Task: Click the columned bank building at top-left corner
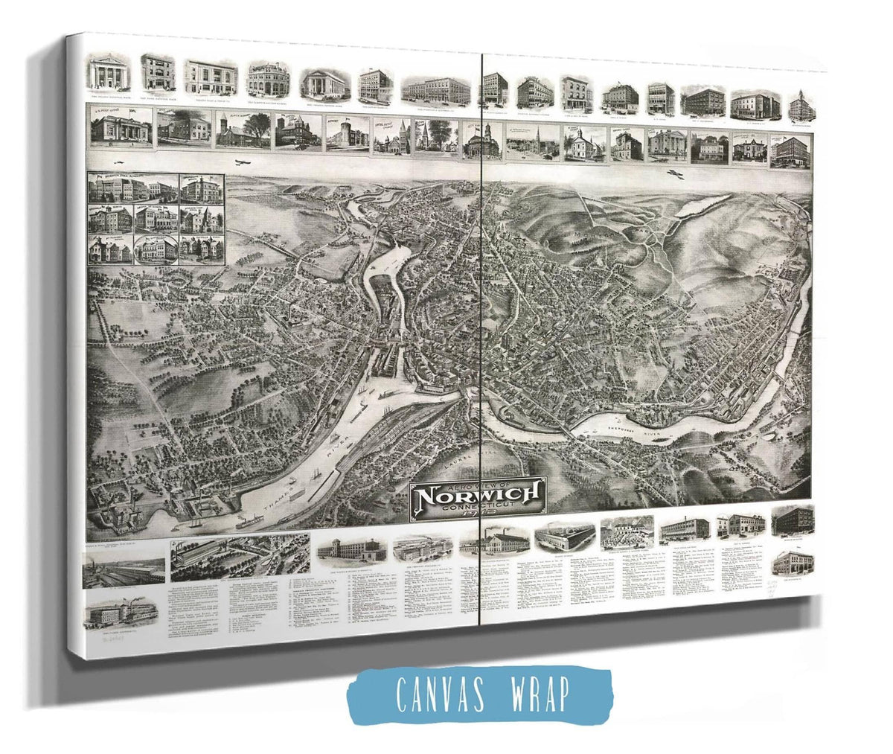[x=109, y=72]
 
